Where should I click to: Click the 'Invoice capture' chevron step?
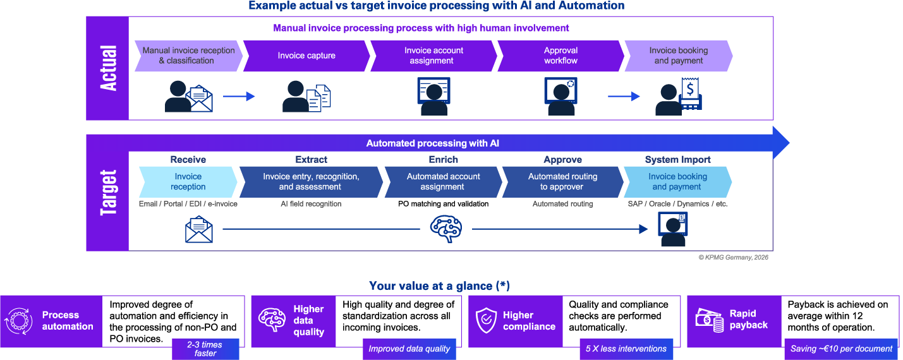point(306,56)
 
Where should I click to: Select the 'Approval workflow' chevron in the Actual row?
point(561,56)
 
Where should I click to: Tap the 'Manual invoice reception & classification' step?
point(188,56)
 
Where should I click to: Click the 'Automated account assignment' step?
point(443,182)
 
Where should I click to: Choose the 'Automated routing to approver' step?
point(562,182)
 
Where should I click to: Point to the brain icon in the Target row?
point(445,229)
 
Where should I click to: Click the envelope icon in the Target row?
point(199,229)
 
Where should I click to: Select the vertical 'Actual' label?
point(108,68)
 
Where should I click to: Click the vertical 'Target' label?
point(108,193)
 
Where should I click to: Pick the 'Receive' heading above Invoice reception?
point(188,160)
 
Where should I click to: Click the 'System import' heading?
point(677,160)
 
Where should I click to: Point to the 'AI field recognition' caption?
point(311,204)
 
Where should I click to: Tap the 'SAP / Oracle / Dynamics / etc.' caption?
point(677,204)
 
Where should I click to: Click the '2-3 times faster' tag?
point(205,349)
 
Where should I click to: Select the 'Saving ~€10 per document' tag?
point(841,349)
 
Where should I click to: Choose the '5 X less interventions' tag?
point(626,349)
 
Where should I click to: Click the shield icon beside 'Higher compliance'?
point(486,321)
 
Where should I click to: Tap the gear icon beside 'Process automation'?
point(18,321)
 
